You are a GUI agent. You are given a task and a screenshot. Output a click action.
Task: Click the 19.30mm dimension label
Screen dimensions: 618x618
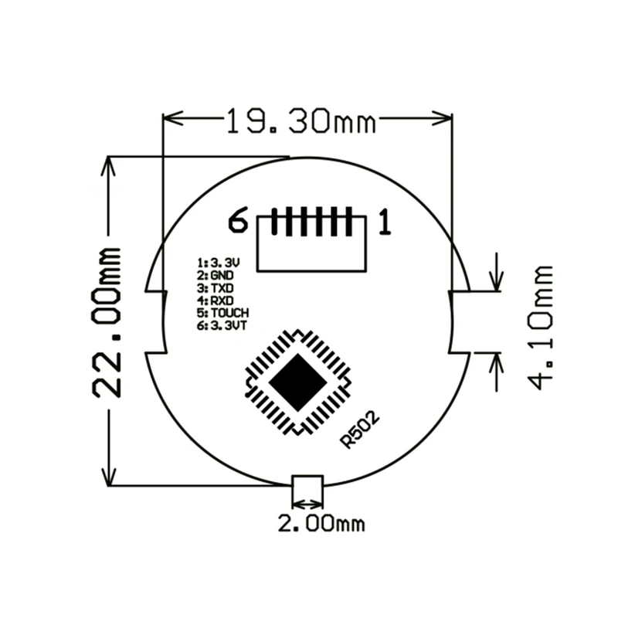pos(301,121)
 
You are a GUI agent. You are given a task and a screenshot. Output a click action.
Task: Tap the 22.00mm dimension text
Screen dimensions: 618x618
pos(107,322)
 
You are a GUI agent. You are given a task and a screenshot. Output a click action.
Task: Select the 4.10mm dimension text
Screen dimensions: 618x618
pos(540,328)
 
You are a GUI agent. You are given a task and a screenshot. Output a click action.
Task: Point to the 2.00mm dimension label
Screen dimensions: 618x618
pos(321,524)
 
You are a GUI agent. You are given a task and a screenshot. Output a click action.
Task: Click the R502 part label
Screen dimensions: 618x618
pos(359,430)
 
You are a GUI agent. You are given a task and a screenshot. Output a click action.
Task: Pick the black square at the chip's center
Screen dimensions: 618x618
pos(298,382)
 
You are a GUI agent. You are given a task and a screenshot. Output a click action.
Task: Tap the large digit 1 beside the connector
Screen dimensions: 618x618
pos(385,222)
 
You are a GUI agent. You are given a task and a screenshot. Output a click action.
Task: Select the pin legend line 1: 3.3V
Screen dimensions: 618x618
pos(219,263)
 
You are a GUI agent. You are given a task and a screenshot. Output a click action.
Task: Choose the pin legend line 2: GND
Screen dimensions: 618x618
pos(216,275)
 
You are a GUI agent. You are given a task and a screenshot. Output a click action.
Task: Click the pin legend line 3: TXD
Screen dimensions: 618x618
pos(216,287)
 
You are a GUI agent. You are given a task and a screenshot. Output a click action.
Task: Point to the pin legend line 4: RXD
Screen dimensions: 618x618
pos(216,301)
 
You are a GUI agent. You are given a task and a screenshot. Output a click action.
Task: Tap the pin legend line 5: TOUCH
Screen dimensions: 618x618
pos(223,314)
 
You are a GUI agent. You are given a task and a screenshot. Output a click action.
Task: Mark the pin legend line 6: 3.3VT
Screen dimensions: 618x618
pos(222,326)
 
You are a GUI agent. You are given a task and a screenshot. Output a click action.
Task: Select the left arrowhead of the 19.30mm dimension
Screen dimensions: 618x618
pos(173,118)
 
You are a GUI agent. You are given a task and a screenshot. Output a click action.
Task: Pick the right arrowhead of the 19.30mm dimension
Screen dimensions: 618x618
pos(442,118)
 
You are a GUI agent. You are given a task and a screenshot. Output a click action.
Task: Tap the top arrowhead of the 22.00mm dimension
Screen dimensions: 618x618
pos(108,166)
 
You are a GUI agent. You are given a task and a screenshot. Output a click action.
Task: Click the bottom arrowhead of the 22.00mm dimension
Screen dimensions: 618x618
pos(108,476)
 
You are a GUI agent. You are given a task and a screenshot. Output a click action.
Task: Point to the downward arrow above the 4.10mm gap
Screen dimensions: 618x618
pos(497,272)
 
